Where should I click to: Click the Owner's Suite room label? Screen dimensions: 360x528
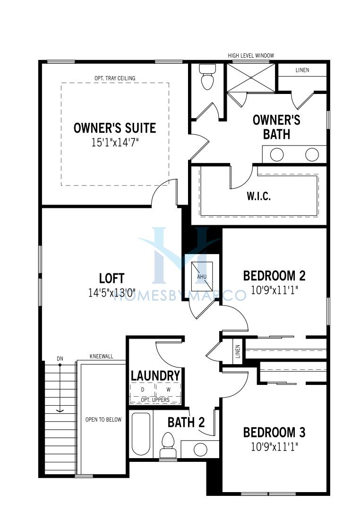[115, 128]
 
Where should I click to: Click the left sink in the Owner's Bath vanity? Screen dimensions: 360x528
[276, 155]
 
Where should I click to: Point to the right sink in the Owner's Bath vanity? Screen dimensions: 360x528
[312, 155]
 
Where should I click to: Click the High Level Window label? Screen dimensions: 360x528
[251, 55]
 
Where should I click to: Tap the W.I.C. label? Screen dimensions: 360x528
[258, 196]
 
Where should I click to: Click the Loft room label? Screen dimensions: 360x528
[112, 278]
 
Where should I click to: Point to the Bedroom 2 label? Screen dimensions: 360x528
[274, 276]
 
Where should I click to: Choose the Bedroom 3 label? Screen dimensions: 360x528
[274, 433]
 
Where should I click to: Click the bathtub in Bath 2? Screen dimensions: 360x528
[141, 434]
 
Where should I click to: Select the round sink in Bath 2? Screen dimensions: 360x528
[200, 450]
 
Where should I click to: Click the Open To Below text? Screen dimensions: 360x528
[103, 419]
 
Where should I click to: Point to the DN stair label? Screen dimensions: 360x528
[60, 358]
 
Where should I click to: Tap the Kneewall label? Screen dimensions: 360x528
[102, 356]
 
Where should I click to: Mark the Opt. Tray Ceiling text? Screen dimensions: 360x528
[115, 78]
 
